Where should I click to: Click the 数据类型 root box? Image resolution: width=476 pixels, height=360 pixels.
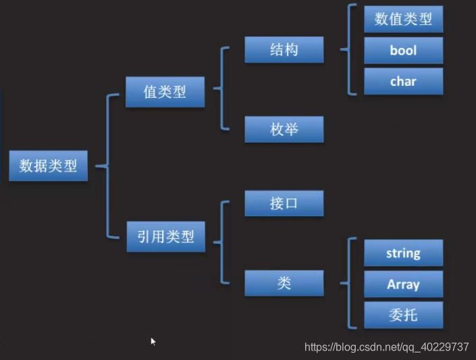[48, 165]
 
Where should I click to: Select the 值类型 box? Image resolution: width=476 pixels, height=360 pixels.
[165, 92]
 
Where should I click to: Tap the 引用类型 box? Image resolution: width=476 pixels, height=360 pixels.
[165, 237]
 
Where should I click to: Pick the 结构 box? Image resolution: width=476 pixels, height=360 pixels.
[284, 49]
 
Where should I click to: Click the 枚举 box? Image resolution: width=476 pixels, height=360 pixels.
[284, 129]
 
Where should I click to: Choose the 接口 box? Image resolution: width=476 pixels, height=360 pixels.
[284, 203]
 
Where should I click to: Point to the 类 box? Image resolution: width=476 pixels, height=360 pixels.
[284, 283]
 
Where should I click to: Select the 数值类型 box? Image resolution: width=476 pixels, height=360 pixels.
[403, 19]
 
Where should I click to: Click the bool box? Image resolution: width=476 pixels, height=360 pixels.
[403, 51]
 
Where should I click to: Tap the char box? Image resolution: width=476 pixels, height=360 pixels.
[403, 82]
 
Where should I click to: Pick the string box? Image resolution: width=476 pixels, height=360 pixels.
[403, 253]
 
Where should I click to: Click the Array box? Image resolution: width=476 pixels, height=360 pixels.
[403, 284]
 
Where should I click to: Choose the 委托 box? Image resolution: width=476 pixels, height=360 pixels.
[403, 315]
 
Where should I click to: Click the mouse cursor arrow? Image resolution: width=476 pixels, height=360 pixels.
[153, 342]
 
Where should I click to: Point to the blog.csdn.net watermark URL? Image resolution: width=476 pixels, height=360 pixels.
[387, 347]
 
